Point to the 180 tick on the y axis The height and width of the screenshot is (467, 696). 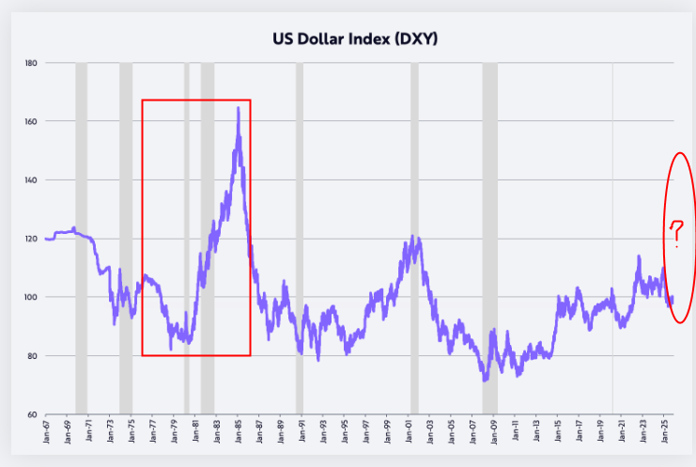tap(31, 63)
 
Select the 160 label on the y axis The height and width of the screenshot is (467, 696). tap(31, 121)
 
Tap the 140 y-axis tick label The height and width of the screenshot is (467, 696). tap(31, 179)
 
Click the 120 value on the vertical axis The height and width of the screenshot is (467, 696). tap(31, 239)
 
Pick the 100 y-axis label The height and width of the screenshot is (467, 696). tap(31, 297)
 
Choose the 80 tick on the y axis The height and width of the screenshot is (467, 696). tap(32, 356)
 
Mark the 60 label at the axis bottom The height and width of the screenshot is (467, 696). tap(32, 414)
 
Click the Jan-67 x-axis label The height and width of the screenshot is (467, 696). tap(47, 435)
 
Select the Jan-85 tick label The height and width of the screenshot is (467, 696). tap(237, 435)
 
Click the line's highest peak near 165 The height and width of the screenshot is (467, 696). tap(238, 108)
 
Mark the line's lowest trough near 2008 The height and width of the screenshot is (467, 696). tap(485, 380)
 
